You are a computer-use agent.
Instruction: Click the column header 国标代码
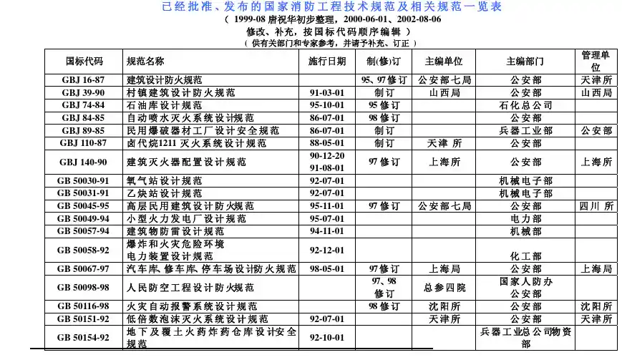(x=84, y=62)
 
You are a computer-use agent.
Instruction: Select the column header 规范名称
(x=145, y=62)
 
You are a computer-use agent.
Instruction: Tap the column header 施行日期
(x=327, y=62)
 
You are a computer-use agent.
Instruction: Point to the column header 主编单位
(x=444, y=62)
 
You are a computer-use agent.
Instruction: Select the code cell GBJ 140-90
(x=84, y=162)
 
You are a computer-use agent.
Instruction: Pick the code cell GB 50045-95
(x=84, y=206)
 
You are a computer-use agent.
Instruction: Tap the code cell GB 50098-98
(x=84, y=288)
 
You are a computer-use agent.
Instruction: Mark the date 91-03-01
(x=327, y=93)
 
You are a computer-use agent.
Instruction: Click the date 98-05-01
(x=327, y=269)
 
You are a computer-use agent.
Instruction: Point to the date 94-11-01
(x=327, y=231)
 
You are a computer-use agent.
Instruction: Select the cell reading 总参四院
(x=444, y=288)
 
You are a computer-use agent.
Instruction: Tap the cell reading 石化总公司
(x=526, y=105)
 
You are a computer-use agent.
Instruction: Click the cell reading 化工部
(x=526, y=256)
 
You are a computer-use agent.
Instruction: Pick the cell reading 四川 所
(x=596, y=206)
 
